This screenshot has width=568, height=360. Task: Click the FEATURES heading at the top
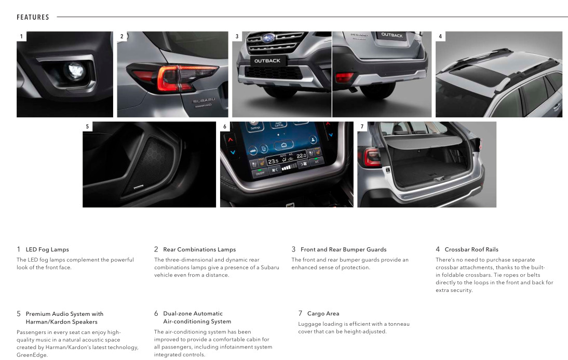pos(33,17)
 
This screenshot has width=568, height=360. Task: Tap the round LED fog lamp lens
pos(75,70)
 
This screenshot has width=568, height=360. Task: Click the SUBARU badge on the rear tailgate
pos(204,100)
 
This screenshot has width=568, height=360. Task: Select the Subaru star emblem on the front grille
pos(268,38)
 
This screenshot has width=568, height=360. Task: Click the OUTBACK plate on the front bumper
pos(267,61)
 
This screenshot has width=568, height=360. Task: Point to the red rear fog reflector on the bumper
pos(344,76)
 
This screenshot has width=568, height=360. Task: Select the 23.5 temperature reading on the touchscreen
pos(273,161)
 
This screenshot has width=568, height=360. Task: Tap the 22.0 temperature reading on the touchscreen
pos(301,155)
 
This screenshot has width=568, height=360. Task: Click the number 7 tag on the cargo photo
pos(362,127)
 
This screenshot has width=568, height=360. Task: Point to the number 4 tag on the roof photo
pos(440,36)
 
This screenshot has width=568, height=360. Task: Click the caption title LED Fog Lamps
pos(47,249)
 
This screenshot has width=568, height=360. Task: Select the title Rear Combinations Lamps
pos(199,249)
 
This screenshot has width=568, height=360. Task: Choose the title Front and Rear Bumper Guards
pos(343,249)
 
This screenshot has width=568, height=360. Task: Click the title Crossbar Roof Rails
pos(471,249)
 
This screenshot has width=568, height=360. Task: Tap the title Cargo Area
pos(323,314)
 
